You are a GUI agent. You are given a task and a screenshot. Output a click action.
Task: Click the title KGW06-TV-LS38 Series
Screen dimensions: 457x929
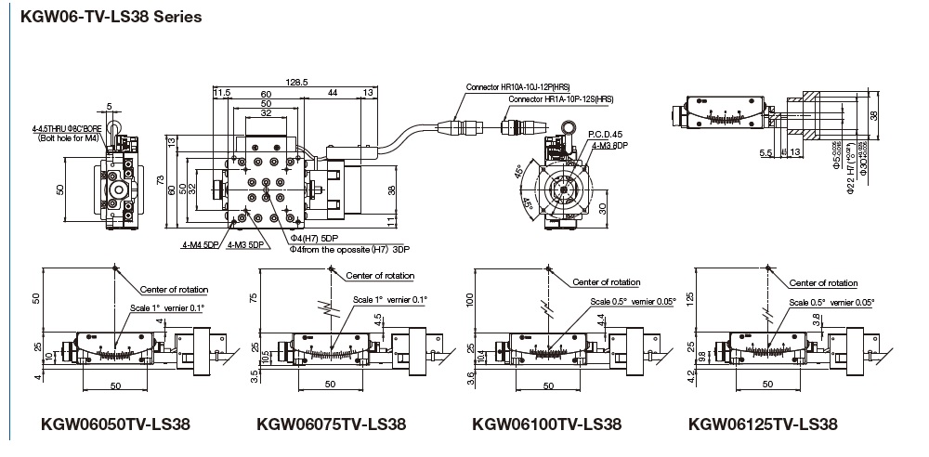tap(104, 17)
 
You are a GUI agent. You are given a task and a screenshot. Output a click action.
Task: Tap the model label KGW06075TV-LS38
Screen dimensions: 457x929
tap(331, 424)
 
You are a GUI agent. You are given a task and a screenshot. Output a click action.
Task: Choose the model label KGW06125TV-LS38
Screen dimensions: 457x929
tap(763, 424)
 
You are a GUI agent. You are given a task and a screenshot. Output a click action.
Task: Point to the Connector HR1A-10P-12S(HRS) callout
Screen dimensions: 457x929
tap(561, 99)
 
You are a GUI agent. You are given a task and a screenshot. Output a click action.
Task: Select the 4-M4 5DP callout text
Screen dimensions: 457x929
tap(200, 246)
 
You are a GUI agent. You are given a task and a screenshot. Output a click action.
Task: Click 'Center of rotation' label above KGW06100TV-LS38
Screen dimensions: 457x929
tap(606, 281)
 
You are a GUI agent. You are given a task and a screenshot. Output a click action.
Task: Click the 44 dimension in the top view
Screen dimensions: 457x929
tap(332, 94)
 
